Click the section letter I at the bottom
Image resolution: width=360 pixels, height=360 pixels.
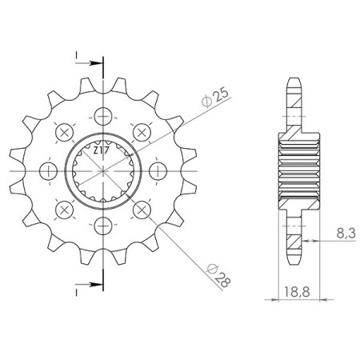78,290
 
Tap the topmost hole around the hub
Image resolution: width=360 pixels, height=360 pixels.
102,113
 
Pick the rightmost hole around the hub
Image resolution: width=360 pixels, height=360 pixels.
159,170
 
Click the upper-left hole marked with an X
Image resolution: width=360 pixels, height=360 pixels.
61,130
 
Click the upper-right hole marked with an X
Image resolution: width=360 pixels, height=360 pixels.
142,130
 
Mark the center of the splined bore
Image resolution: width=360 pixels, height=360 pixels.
102,170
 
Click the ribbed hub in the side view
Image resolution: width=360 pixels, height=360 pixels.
295,170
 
